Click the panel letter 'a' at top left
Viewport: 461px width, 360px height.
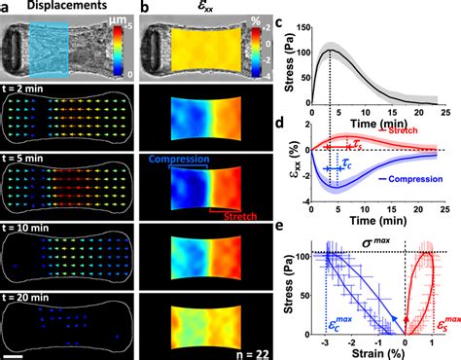(7, 8)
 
